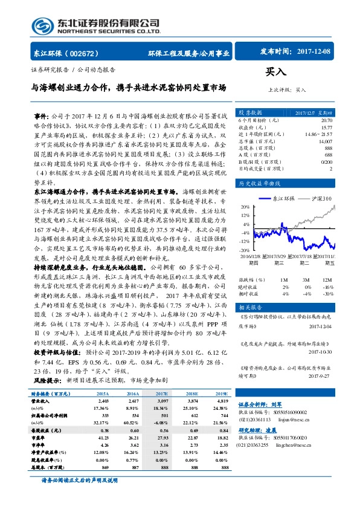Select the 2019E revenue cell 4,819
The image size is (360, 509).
tap(222, 417)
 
